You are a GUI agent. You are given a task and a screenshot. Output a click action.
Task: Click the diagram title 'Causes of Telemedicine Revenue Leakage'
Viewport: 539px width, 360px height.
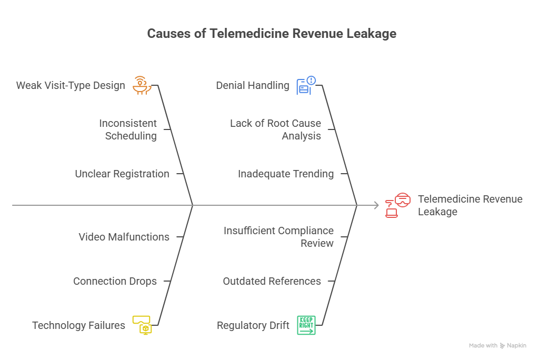[x=271, y=34]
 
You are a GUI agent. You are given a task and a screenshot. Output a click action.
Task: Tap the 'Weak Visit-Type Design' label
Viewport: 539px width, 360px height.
[x=71, y=85]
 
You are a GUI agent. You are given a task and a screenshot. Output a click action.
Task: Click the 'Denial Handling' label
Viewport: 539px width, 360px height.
[x=253, y=85]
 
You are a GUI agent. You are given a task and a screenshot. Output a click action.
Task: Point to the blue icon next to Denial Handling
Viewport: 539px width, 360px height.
[x=306, y=85]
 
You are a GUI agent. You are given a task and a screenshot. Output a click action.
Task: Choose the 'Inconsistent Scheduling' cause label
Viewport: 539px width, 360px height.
[x=128, y=129]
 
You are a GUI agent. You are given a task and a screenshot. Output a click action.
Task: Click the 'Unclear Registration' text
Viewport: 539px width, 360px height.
[x=122, y=174]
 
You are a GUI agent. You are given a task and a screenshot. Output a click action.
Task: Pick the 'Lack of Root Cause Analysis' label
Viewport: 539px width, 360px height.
[x=275, y=129]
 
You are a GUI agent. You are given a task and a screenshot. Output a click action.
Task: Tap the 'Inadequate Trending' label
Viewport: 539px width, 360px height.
[x=286, y=174]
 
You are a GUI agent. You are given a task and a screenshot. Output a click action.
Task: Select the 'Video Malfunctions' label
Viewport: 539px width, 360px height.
[x=124, y=237]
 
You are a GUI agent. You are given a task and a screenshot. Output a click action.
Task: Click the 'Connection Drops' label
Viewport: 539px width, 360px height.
[x=115, y=281]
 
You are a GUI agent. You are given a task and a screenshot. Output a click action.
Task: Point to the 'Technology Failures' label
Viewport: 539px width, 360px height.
[x=79, y=325]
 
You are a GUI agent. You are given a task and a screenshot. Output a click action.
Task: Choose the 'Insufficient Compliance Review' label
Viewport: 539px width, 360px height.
[x=278, y=237]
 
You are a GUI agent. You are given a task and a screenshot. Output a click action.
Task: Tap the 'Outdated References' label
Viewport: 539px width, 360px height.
[x=272, y=281]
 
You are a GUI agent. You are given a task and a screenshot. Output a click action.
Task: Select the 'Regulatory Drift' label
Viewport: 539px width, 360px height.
[x=253, y=326]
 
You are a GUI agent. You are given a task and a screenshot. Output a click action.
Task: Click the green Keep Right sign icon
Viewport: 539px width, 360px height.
[x=306, y=325]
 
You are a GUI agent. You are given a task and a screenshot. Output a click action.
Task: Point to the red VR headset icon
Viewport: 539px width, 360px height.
[x=398, y=205]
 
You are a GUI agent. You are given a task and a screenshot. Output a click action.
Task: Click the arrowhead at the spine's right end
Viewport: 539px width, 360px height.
[x=376, y=205]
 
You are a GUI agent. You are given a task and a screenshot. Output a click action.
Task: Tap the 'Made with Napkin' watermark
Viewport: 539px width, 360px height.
[x=497, y=346]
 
